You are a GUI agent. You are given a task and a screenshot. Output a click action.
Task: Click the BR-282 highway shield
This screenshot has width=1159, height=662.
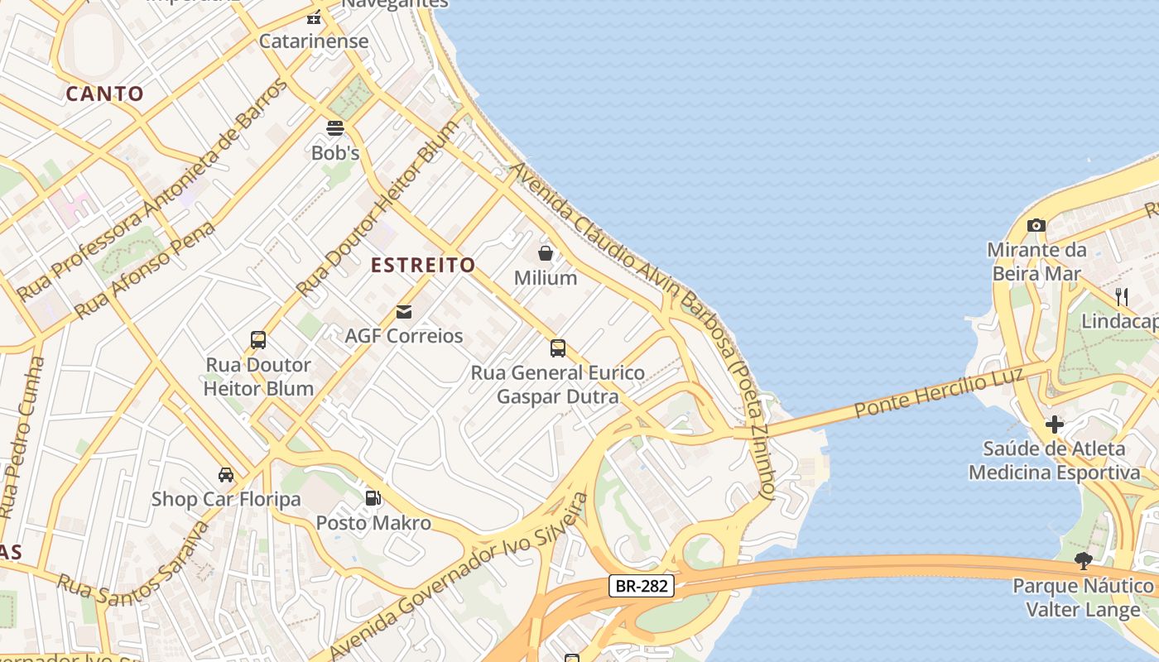[x=642, y=586]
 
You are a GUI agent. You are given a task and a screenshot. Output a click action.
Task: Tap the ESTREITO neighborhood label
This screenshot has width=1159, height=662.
[x=423, y=265]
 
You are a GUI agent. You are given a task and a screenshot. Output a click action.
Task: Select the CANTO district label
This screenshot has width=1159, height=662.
[x=105, y=94]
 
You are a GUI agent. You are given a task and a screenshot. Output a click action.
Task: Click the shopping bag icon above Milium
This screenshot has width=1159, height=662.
[x=546, y=252]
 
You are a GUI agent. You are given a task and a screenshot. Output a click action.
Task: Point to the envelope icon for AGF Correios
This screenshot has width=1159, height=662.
[x=404, y=311]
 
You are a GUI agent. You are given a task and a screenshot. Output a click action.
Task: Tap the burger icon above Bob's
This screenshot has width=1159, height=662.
[x=335, y=128]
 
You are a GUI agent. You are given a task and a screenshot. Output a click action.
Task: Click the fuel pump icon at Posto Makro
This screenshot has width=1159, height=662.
[x=373, y=498]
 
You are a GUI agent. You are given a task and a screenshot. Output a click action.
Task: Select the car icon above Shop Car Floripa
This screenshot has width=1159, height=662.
[x=226, y=475]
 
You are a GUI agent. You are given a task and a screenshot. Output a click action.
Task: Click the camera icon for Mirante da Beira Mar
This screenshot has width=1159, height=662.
[x=1036, y=225]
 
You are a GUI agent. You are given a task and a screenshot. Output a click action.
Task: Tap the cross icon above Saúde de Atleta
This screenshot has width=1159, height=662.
[x=1054, y=425]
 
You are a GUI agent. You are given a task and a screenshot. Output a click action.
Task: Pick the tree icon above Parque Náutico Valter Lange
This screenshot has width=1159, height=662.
[x=1083, y=561]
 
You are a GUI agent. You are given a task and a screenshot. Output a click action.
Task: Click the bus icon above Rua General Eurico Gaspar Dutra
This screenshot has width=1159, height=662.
[x=558, y=348]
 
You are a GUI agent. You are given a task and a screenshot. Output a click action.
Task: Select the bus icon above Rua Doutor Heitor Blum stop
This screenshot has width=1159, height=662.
[x=258, y=340]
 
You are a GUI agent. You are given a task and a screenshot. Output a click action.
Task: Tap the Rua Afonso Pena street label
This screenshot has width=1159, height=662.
[x=145, y=270]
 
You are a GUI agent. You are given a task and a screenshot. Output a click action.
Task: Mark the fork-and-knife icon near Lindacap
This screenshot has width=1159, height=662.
[x=1122, y=296]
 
